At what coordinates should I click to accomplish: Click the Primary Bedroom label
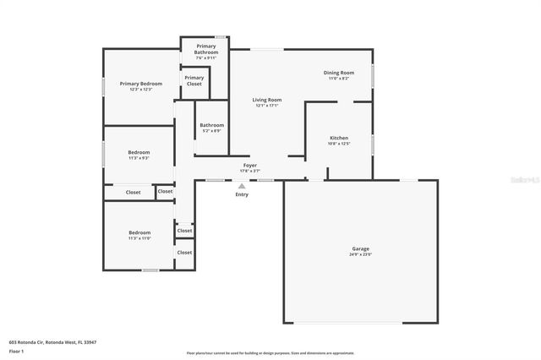coord(140,84)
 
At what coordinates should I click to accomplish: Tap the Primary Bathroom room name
coord(206,49)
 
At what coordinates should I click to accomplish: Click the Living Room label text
coord(266,100)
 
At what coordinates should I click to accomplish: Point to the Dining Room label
coord(338,73)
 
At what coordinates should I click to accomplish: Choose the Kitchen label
coord(338,138)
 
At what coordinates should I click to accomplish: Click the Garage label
coord(361,248)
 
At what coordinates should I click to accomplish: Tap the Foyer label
coord(250,166)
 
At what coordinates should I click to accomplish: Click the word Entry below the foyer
coord(242,194)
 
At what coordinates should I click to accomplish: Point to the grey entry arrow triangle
coord(242,186)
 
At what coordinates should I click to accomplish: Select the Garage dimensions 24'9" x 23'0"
coord(361,254)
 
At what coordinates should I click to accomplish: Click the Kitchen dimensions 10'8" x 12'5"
coord(338,144)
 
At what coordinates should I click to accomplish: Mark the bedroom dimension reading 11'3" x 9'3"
coord(139,158)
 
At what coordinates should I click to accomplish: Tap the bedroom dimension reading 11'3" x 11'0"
coord(139,238)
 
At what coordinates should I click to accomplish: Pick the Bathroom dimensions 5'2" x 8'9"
coord(211,131)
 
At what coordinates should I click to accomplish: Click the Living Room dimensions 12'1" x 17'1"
coord(266,106)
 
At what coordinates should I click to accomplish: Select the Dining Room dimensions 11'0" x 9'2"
coord(338,79)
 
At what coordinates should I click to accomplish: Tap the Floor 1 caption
coord(16,351)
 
